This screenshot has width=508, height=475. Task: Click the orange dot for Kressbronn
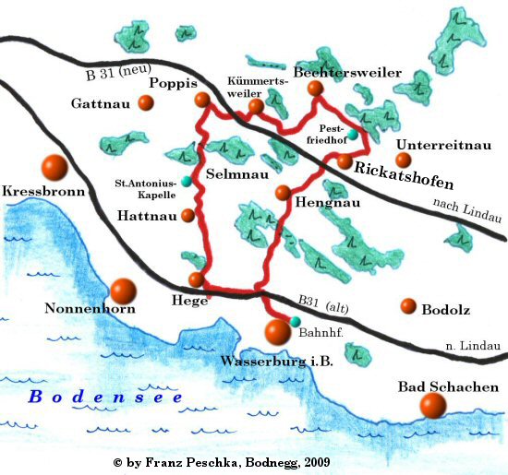click(x=54, y=168)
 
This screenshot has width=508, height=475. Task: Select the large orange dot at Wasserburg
click(x=277, y=331)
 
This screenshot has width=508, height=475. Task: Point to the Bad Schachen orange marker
click(x=431, y=405)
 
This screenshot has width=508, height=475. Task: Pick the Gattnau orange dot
click(x=145, y=103)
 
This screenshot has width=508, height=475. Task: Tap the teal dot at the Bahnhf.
click(x=296, y=321)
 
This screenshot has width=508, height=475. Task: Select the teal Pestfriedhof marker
click(x=352, y=135)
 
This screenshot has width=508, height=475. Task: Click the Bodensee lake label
click(x=104, y=397)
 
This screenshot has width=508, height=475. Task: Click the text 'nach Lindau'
click(x=466, y=204)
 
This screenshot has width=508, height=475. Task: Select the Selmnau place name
click(x=233, y=173)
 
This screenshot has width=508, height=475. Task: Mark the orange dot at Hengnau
click(x=284, y=192)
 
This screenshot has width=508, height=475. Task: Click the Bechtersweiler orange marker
click(x=315, y=89)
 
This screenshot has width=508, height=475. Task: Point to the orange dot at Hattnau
click(x=188, y=216)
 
